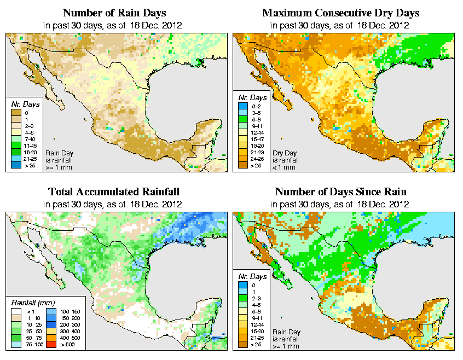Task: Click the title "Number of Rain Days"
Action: [114, 13]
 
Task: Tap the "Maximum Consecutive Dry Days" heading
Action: [341, 13]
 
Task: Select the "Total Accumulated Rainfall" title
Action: [114, 192]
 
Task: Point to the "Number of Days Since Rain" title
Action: [341, 192]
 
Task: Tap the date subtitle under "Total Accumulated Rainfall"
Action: [114, 204]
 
